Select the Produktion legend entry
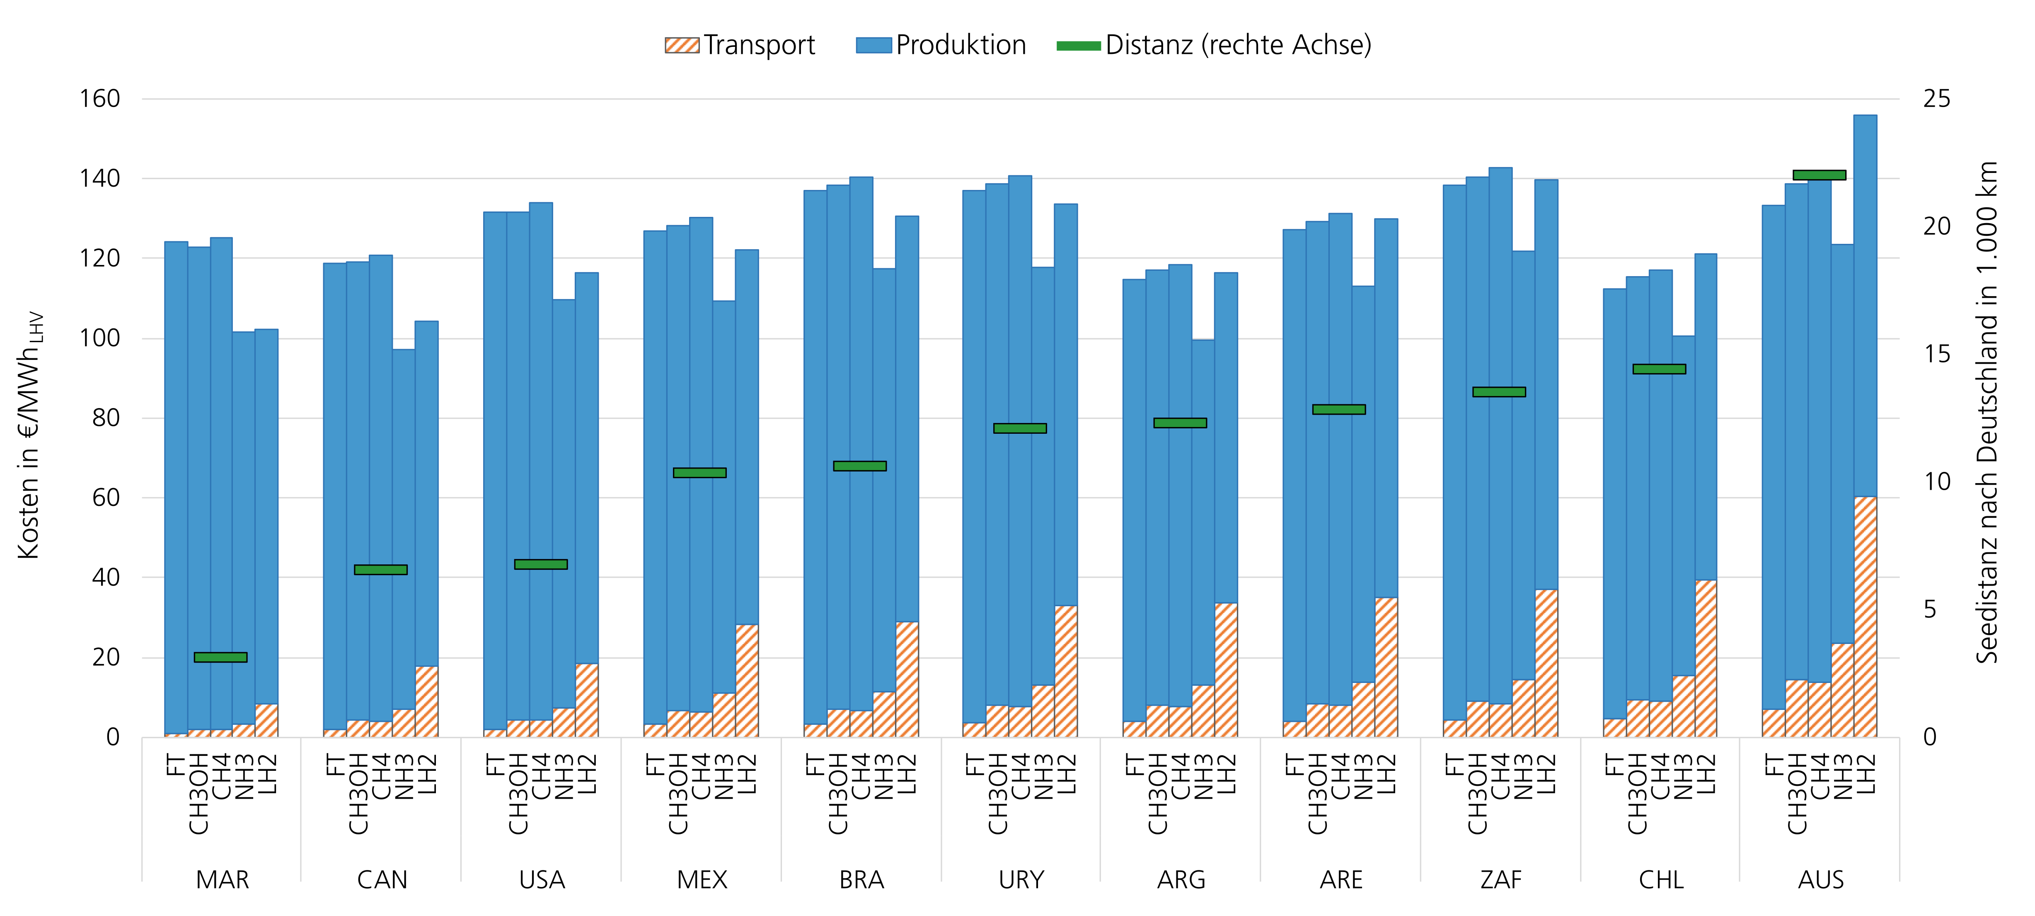pyautogui.click(x=941, y=45)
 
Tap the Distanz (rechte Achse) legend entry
pyautogui.click(x=1214, y=45)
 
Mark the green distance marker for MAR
pyautogui.click(x=220, y=657)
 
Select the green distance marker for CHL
pyautogui.click(x=1659, y=368)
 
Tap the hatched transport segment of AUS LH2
pyautogui.click(x=1865, y=617)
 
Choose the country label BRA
pyautogui.click(x=861, y=880)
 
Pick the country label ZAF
pyautogui.click(x=1500, y=880)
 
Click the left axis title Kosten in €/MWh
pyautogui.click(x=30, y=435)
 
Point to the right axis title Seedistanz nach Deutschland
pyautogui.click(x=1986, y=411)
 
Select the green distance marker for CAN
pyautogui.click(x=381, y=569)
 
